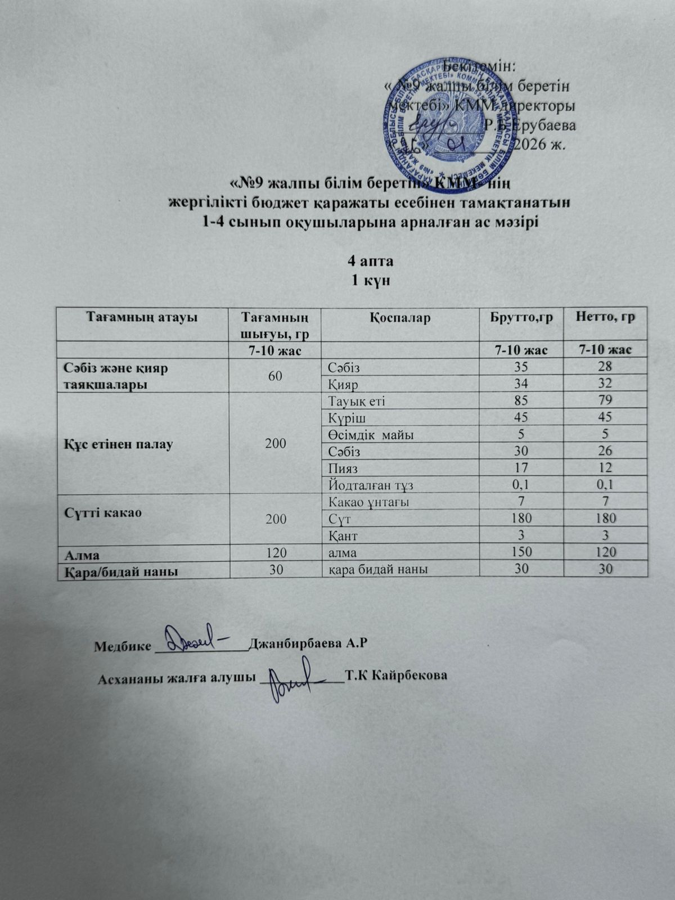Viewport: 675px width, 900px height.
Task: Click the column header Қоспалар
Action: tap(400, 318)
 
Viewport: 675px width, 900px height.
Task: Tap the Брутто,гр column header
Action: tap(521, 318)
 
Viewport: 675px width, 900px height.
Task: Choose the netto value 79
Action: tap(605, 400)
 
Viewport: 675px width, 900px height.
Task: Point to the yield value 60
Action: tap(276, 376)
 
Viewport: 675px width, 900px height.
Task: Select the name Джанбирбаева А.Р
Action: tap(308, 644)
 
